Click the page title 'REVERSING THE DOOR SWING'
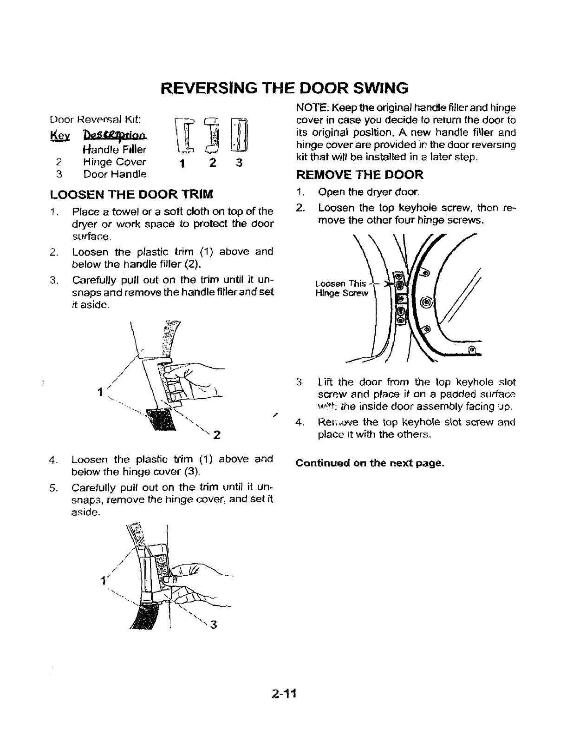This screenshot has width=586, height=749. click(x=285, y=87)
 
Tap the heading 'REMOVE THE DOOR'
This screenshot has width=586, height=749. click(x=359, y=175)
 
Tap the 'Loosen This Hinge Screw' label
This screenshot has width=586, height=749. click(x=341, y=288)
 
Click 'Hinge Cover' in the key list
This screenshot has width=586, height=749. click(x=114, y=162)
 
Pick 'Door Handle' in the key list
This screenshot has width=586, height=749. click(x=115, y=174)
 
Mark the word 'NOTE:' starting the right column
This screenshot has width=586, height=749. click(x=310, y=108)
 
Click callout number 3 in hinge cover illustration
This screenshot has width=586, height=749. click(x=213, y=624)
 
